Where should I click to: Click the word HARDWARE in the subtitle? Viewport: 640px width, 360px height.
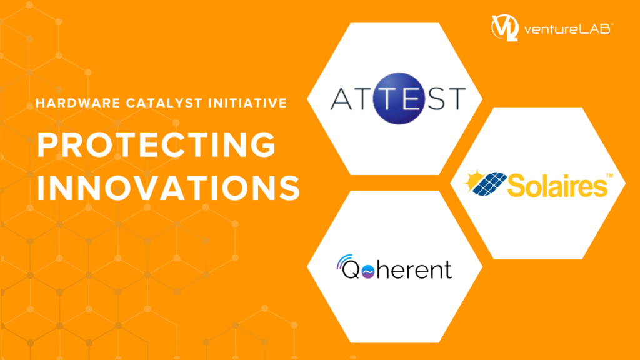[78, 103]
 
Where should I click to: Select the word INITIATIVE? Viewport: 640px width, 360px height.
[247, 103]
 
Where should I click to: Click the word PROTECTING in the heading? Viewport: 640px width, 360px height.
[157, 144]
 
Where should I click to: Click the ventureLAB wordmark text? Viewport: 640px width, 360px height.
[568, 29]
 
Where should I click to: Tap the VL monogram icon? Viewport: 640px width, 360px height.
[505, 27]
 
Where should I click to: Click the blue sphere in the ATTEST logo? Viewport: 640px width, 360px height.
[398, 98]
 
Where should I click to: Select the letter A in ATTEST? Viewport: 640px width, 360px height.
[341, 98]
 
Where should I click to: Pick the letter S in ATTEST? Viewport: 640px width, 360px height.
[436, 98]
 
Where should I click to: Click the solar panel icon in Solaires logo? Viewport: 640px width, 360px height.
[489, 184]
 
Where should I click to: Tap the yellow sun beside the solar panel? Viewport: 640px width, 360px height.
[472, 179]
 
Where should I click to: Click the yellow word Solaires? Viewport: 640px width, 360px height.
[557, 185]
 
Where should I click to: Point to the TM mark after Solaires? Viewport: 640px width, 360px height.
[609, 176]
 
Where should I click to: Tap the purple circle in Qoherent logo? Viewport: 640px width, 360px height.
[368, 271]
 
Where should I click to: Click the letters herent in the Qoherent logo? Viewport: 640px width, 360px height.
[414, 269]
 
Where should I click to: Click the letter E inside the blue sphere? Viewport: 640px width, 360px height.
[411, 98]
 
